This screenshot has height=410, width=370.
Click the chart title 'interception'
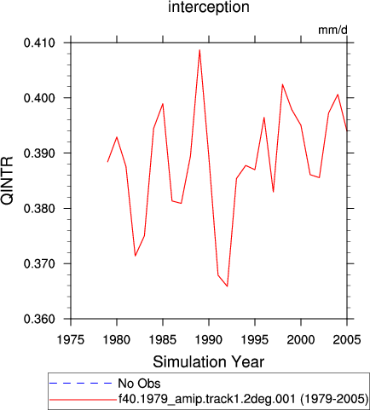click(x=209, y=7)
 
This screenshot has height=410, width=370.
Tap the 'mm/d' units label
click(x=332, y=30)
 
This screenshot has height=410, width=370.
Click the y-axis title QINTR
click(x=7, y=181)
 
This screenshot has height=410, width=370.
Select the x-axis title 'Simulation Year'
click(x=209, y=362)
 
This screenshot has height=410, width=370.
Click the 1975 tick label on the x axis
click(x=71, y=340)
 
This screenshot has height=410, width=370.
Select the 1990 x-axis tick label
click(x=209, y=340)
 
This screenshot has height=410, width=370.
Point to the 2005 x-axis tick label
click(x=347, y=340)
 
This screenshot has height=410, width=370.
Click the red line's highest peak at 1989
click(x=199, y=50)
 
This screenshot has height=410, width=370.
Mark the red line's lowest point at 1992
click(x=227, y=286)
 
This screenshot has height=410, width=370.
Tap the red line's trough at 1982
click(x=136, y=256)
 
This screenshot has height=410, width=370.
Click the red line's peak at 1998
click(x=282, y=84)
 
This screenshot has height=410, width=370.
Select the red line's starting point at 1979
click(x=107, y=162)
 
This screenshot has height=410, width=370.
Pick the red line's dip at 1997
click(x=274, y=192)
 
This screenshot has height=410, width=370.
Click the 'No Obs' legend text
click(x=139, y=384)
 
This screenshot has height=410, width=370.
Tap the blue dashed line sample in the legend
click(x=81, y=384)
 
